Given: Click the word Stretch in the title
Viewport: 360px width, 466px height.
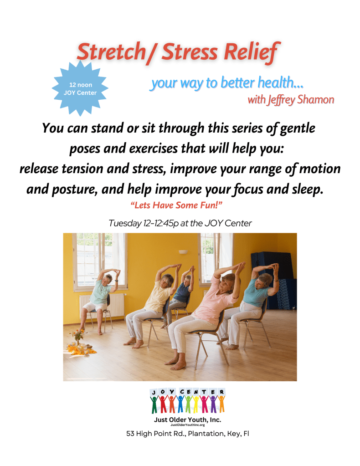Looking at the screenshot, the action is click(x=111, y=52).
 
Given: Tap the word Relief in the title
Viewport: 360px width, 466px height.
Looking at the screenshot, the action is click(x=252, y=52).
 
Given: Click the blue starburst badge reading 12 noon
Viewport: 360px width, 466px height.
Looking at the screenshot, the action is click(x=80, y=88).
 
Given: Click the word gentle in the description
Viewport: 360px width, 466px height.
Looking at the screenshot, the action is click(x=298, y=129).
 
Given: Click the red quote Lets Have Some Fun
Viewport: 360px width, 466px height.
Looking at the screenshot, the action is click(x=176, y=205).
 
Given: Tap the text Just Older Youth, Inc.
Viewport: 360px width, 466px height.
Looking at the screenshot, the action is click(x=188, y=420).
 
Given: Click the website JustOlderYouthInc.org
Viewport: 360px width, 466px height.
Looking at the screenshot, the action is click(x=188, y=425).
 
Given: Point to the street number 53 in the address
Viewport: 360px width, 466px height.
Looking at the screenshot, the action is click(x=130, y=434).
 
